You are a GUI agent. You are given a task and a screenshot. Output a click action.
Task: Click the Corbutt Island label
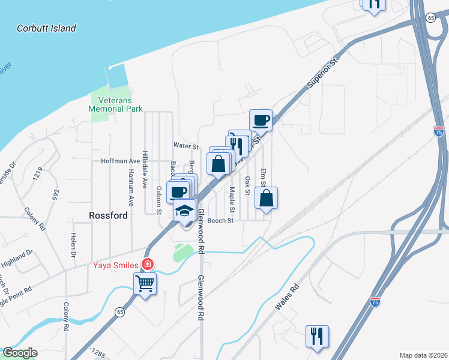46,28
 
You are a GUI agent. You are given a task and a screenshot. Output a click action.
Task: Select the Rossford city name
108,215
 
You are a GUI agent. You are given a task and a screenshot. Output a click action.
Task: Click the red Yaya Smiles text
115,264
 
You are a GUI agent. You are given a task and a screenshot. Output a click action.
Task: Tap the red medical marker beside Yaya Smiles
146,264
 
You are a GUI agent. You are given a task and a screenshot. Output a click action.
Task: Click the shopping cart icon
145,283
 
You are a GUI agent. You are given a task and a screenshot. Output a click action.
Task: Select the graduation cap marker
185,211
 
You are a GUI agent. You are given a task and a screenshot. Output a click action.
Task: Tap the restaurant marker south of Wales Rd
317,337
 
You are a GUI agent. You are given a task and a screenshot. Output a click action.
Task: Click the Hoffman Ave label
120,161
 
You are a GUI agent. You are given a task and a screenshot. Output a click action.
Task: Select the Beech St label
220,221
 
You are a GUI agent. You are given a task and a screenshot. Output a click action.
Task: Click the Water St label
185,146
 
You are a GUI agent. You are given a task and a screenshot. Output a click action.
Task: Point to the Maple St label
232,200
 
